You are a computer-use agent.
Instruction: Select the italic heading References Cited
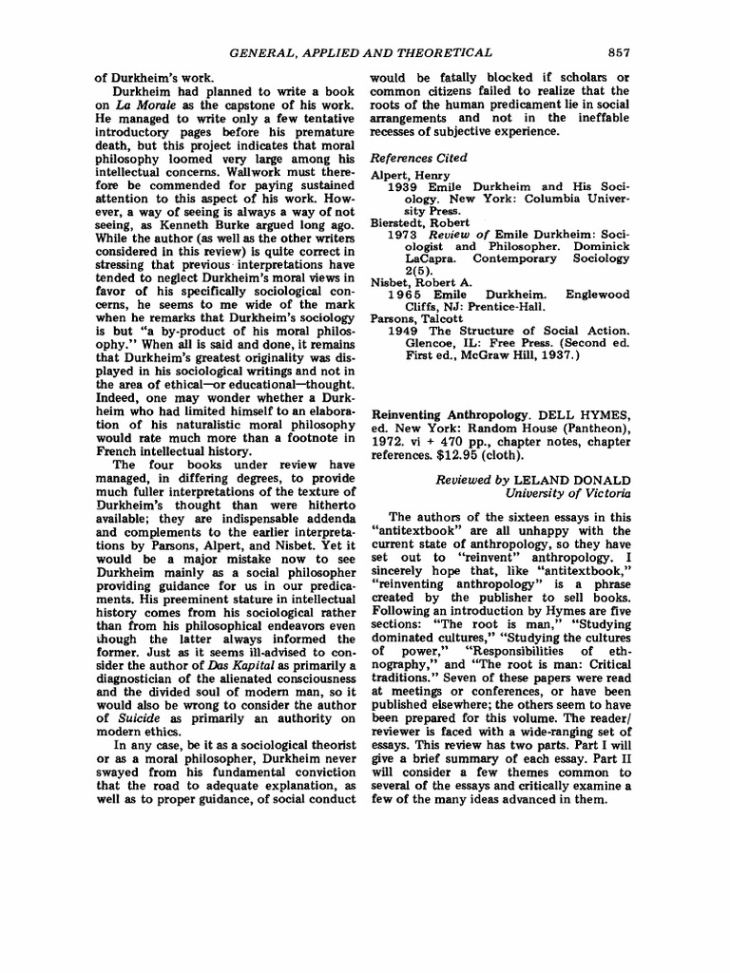click(x=418, y=158)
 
